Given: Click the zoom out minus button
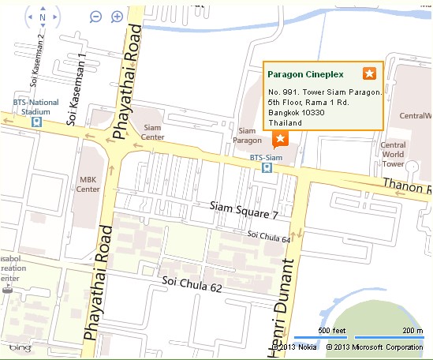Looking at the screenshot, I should point(95,17).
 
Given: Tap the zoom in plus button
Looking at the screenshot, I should point(118,17).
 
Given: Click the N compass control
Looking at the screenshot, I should point(42,17).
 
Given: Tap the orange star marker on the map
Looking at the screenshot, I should point(278,139).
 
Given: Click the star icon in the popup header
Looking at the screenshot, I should point(369,73).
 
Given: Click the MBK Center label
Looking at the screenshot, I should point(89,184).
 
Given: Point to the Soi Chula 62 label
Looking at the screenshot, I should point(191,283).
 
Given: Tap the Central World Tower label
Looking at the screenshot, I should point(393,154).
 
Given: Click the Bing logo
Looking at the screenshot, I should point(20,347).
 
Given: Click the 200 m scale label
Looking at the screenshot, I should point(412,330).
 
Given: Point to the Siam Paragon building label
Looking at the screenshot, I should point(247,135).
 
